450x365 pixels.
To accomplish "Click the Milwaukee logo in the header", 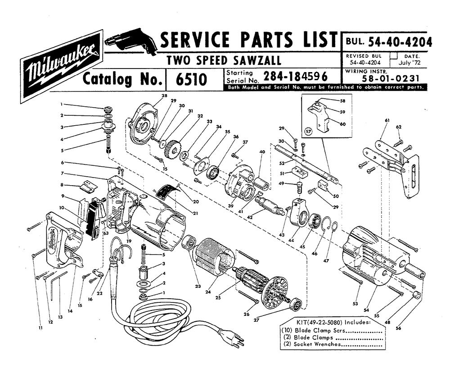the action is pos(61,66).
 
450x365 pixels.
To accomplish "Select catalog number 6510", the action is pos(191,79).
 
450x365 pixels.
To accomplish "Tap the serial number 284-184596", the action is pos(295,76).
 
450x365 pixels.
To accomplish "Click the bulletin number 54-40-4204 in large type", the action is pos(400,42).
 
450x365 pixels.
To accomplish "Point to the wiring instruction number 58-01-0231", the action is pos(391,78).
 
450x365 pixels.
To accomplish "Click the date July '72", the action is pos(409,62).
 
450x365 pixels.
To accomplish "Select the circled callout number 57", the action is pos(308,132).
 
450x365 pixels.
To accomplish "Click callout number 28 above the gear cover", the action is pos(164,96).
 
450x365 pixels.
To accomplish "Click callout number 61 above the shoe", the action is pos(387,121).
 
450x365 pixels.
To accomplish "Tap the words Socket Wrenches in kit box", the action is pos(317,344).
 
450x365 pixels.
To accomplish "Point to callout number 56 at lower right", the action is pos(398,328).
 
